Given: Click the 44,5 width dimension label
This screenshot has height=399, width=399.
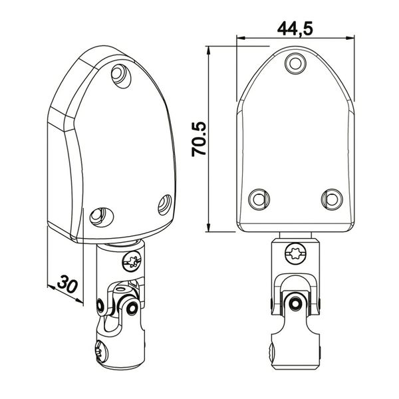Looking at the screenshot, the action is coord(295,28).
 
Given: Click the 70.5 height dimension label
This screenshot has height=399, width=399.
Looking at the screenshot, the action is coord(199,140).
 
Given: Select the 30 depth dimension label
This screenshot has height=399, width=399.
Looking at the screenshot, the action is coord(67,284).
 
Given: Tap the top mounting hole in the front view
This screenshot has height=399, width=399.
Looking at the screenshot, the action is coord(295,63).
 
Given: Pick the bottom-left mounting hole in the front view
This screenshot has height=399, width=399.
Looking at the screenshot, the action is coord(259,199).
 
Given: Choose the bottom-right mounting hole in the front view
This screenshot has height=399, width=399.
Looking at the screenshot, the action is coord(332,199).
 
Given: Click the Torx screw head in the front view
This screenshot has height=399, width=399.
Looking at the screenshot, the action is coord(296,254).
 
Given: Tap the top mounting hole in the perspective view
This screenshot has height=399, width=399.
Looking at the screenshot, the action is coord(121,76).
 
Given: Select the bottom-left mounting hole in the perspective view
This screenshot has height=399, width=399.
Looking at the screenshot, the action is coord(101,217).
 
